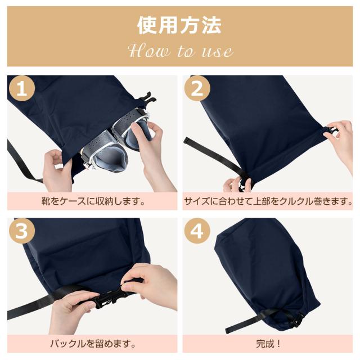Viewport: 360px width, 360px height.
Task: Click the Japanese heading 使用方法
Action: (x=179, y=25)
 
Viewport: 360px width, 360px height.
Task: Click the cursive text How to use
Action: (x=181, y=51)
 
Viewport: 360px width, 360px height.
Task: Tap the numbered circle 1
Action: (x=22, y=89)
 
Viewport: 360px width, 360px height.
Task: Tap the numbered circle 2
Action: (x=197, y=89)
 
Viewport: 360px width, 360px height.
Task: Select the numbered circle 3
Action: (x=22, y=231)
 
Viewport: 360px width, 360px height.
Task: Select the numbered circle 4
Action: (x=197, y=231)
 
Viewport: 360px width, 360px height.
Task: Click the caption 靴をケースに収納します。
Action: (x=93, y=201)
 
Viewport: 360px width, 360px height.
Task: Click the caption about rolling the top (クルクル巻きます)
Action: (x=268, y=201)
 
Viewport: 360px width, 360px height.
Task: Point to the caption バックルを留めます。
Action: (x=93, y=344)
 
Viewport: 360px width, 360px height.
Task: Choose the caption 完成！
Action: (x=268, y=344)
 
